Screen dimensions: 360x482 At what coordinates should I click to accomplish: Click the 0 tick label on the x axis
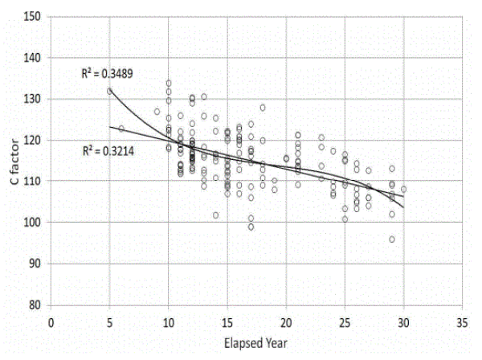(51, 319)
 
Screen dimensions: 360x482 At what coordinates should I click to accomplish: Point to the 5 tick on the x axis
(110, 319)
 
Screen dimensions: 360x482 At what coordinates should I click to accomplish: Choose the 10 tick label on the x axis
(169, 319)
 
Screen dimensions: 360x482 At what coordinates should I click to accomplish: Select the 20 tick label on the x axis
(286, 319)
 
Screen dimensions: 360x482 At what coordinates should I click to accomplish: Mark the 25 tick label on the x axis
(345, 319)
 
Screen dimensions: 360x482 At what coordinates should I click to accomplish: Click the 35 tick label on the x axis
(462, 319)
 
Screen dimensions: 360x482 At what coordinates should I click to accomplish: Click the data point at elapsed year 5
(110, 91)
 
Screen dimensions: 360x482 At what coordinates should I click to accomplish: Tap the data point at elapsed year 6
(121, 129)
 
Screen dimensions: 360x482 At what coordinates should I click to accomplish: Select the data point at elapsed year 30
(403, 190)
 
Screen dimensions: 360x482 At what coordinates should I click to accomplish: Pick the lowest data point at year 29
(392, 239)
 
